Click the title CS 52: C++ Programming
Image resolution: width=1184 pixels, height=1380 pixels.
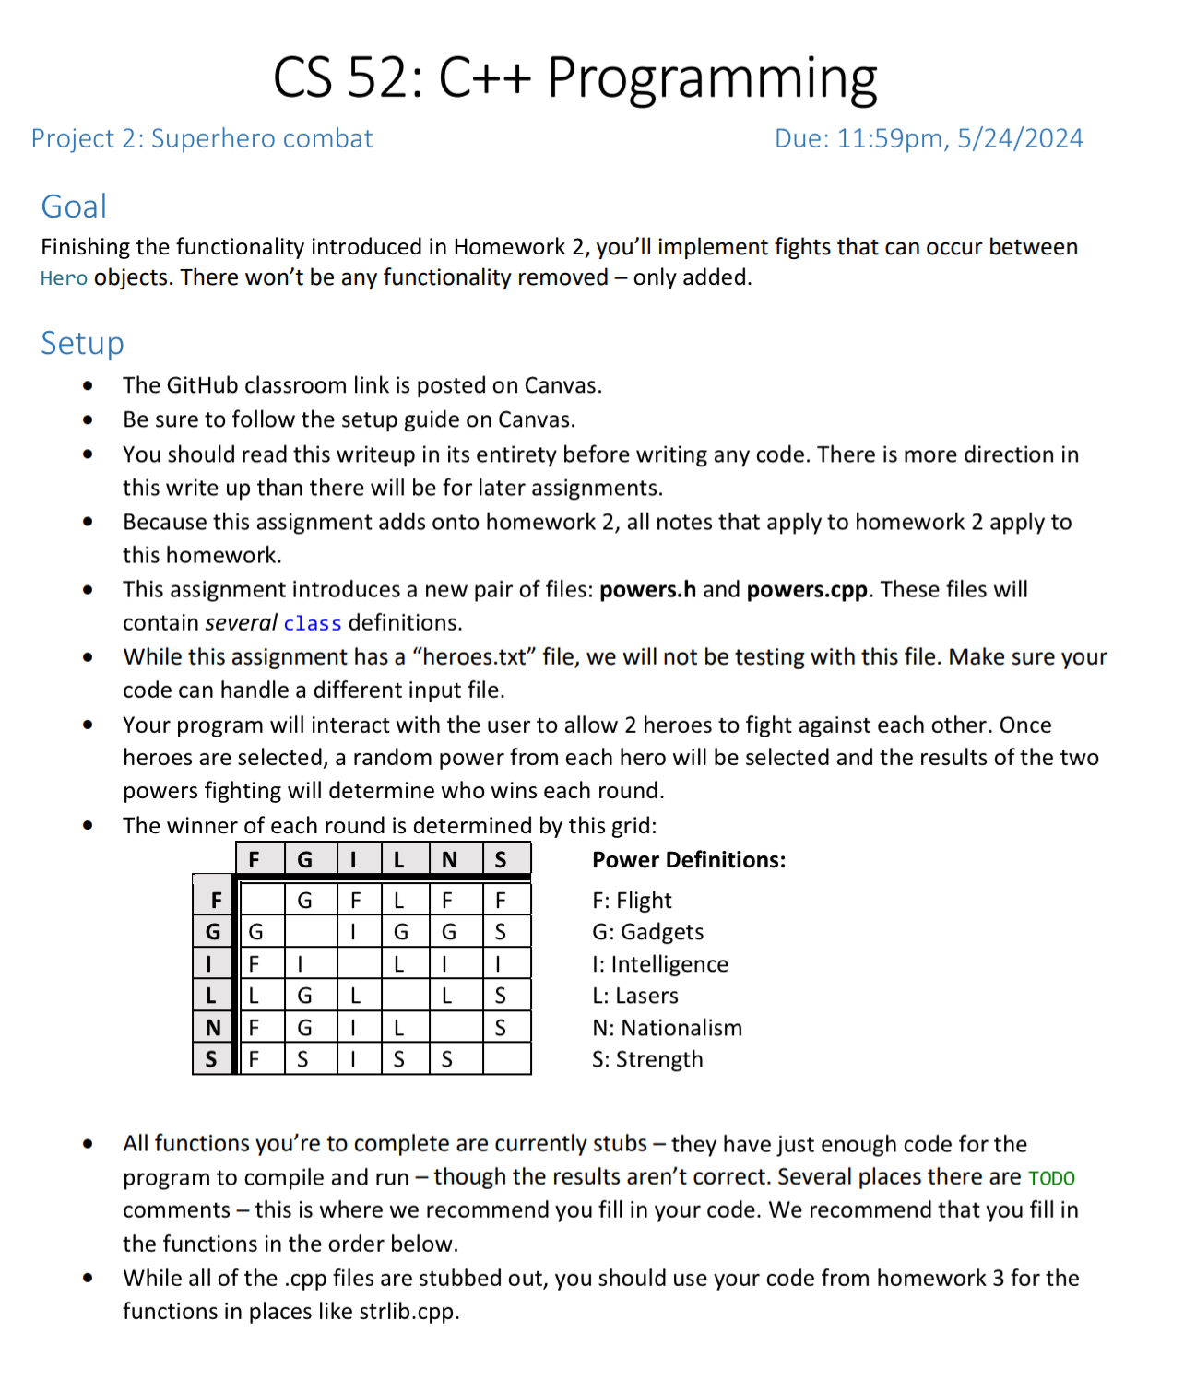(575, 77)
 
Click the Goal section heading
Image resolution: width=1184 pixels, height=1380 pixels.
(74, 206)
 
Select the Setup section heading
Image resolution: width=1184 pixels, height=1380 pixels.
(82, 343)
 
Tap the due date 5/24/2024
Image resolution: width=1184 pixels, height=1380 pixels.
(1020, 138)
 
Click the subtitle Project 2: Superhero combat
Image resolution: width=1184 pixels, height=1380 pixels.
(202, 138)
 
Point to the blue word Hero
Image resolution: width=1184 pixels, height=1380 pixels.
(64, 278)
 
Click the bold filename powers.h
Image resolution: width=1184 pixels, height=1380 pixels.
(647, 590)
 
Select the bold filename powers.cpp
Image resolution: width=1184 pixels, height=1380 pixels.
(807, 590)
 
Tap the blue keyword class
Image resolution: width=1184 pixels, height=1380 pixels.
(312, 624)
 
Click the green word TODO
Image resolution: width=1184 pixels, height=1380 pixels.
(1051, 1178)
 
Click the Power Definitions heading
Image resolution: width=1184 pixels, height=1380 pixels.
(689, 860)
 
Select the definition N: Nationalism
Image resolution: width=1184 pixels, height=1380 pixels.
(667, 1028)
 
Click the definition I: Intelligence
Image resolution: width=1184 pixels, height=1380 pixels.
(659, 964)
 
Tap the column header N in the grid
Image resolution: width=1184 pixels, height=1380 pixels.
(449, 860)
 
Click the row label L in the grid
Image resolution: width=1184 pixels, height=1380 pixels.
(211, 996)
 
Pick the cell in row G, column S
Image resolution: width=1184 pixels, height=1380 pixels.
(501, 932)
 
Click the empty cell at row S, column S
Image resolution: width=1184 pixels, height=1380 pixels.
(506, 1059)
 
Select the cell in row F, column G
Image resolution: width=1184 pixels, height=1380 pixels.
(304, 900)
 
